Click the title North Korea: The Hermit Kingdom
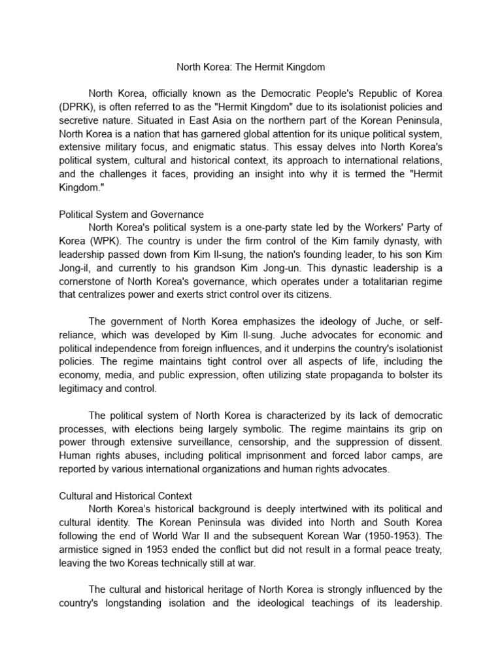(x=251, y=67)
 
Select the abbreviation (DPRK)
(x=76, y=105)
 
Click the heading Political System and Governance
(x=131, y=214)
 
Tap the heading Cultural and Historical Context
(x=125, y=496)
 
